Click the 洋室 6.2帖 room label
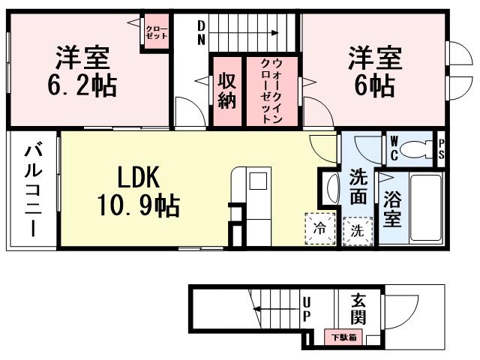(82, 71)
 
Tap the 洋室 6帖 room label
(373, 71)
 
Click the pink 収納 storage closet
(227, 90)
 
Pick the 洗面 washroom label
(358, 187)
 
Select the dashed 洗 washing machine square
(358, 230)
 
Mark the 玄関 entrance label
(358, 308)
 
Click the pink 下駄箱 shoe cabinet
(344, 337)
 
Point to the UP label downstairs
(306, 309)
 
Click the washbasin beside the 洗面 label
(331, 187)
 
